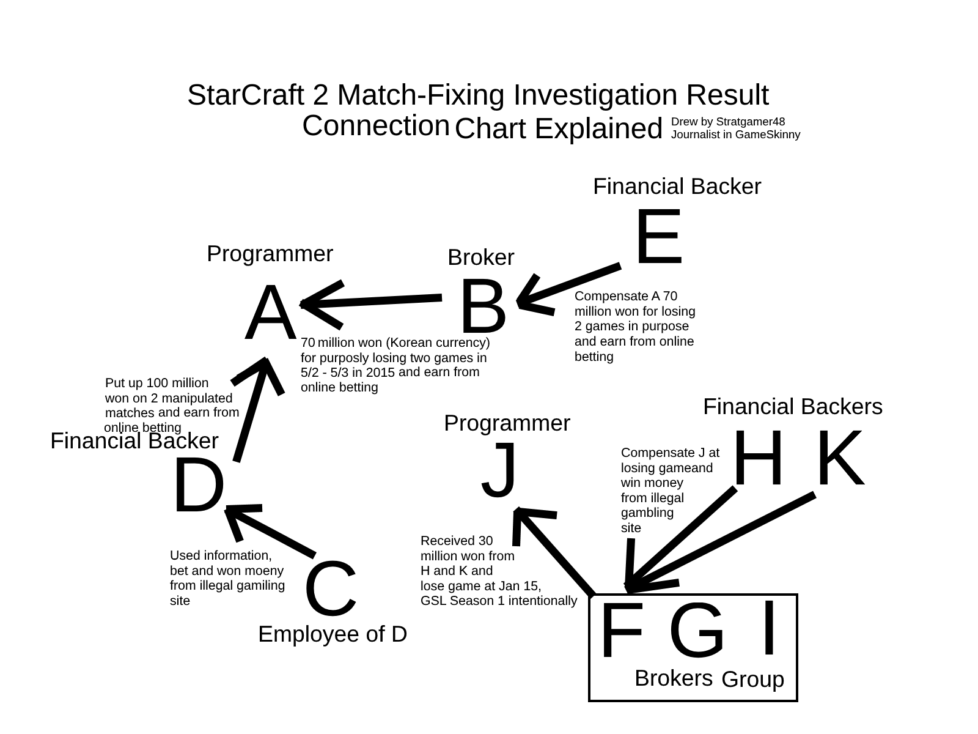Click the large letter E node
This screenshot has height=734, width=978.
[x=658, y=237]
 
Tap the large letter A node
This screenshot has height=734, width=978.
[x=267, y=313]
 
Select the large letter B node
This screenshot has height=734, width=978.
[x=483, y=307]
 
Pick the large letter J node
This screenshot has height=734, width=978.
[x=501, y=470]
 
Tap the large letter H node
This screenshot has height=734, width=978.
[x=757, y=459]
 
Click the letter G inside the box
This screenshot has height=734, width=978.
[x=696, y=630]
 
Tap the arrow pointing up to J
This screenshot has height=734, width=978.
[x=553, y=550]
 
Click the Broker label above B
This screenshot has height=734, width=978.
[x=481, y=258]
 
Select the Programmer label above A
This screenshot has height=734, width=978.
[x=270, y=253]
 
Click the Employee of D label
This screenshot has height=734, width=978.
[x=333, y=634]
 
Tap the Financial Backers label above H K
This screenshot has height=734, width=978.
[x=793, y=407]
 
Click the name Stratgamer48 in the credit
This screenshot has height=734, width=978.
[x=750, y=122]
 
